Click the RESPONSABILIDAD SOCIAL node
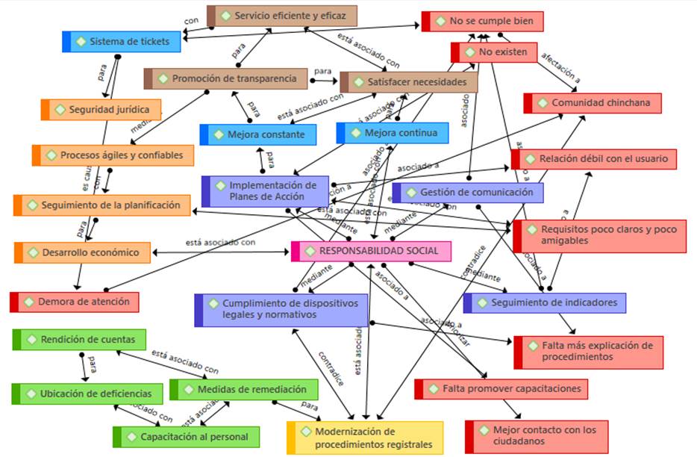click(x=371, y=252)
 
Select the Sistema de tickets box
click(x=122, y=41)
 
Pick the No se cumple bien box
click(x=483, y=22)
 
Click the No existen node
click(x=494, y=52)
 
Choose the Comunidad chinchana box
click(x=593, y=103)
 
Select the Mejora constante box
click(x=258, y=134)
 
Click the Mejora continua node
click(x=393, y=133)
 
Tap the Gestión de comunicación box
click(x=468, y=193)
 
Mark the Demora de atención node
click(x=75, y=302)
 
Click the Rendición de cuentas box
click(x=79, y=339)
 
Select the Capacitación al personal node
click(x=187, y=436)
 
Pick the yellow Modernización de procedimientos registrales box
click(x=365, y=438)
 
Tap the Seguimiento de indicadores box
click(x=545, y=302)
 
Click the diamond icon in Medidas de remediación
click(x=187, y=389)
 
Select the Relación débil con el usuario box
click(x=594, y=159)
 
